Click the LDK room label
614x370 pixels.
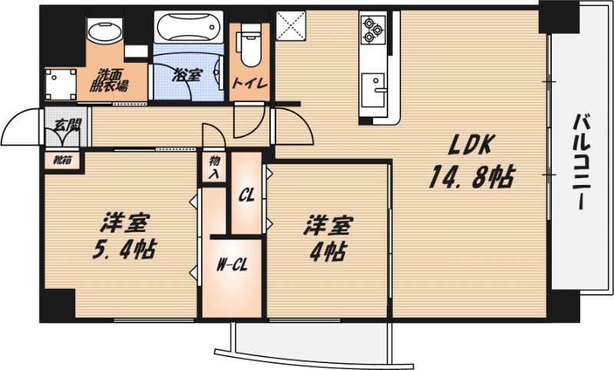click(470, 145)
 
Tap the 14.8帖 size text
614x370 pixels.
click(472, 177)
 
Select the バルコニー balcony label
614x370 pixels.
click(583, 161)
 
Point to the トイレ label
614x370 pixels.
click(250, 84)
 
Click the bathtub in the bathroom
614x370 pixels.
click(188, 27)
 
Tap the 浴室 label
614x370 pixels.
click(187, 74)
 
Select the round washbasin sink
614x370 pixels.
click(104, 31)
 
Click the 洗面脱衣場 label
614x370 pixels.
click(109, 81)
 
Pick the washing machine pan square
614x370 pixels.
click(61, 84)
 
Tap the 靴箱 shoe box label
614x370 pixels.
click(63, 160)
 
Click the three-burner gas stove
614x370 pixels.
click(373, 29)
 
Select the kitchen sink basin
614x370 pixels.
click(373, 90)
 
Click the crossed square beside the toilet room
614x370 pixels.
click(291, 25)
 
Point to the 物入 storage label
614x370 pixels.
click(214, 167)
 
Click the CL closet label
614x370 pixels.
click(246, 194)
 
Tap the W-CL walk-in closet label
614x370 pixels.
click(232, 266)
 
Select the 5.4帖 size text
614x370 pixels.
click(124, 249)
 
